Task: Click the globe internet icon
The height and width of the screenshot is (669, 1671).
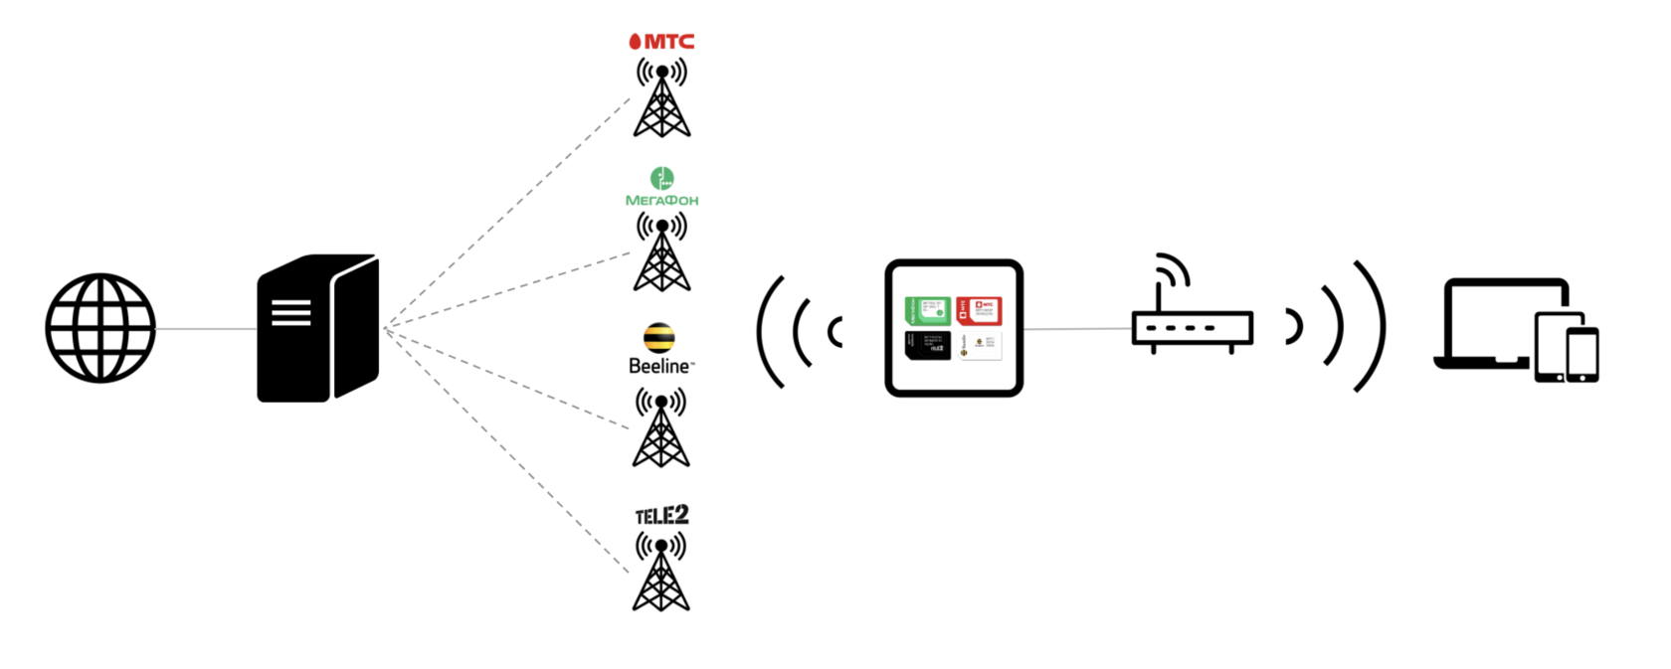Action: (100, 328)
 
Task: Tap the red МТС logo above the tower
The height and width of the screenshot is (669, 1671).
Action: (661, 41)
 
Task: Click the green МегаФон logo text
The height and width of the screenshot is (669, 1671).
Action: (661, 200)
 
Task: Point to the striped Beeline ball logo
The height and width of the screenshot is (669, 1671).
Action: (658, 338)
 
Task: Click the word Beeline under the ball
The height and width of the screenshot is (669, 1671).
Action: (659, 366)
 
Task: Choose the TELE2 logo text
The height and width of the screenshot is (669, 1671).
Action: (661, 515)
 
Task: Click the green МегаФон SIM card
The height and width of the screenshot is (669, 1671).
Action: (927, 310)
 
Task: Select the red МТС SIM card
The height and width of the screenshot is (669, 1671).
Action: (979, 310)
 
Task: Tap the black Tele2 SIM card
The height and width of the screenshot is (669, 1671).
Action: (927, 345)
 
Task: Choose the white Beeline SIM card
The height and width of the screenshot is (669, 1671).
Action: (979, 345)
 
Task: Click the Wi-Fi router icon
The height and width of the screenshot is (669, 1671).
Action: (1191, 313)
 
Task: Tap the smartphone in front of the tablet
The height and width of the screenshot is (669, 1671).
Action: (1581, 354)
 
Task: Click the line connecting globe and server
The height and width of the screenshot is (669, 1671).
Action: (206, 329)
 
